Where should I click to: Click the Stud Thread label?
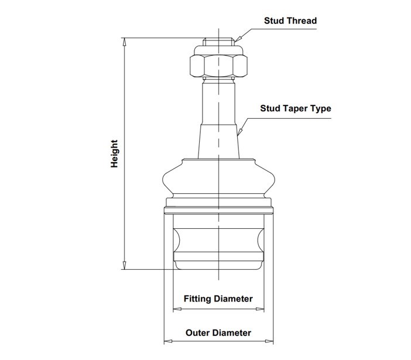(x=290, y=20)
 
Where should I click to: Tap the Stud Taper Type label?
(x=296, y=108)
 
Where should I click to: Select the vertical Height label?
(x=114, y=153)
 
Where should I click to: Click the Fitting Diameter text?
(x=218, y=299)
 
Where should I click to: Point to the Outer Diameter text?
(x=218, y=332)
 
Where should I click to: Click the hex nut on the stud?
(x=218, y=66)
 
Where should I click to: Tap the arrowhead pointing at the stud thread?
(x=238, y=39)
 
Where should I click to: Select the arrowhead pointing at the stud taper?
(x=239, y=132)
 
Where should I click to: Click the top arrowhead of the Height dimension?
(x=125, y=42)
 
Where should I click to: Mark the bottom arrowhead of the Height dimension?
(x=125, y=265)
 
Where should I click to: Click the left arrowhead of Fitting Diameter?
(x=177, y=309)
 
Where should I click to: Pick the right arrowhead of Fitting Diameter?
(x=260, y=309)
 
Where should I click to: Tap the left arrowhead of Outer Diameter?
(x=168, y=341)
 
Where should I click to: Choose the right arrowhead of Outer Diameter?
(x=269, y=341)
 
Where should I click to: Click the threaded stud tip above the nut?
(x=218, y=42)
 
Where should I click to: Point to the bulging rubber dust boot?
(x=218, y=178)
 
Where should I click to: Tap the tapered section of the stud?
(x=218, y=142)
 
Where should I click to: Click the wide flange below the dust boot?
(x=218, y=210)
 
